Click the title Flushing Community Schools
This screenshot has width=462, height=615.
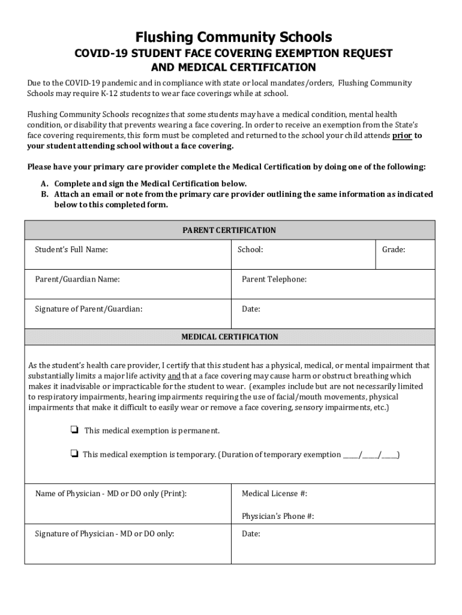pos(233,37)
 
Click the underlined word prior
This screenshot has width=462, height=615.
pos(402,136)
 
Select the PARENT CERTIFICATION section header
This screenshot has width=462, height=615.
pos(230,230)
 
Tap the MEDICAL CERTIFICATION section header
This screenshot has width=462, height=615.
pos(230,337)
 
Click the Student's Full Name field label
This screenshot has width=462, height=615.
pos(71,249)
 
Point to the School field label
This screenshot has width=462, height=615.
pos(250,249)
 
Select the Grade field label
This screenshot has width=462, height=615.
pos(394,249)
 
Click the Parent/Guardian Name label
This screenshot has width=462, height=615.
pos(77,279)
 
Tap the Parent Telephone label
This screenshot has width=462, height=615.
pos(274,279)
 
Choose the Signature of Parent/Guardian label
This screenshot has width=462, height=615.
pos(89,309)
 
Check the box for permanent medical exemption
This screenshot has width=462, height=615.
pos(74,431)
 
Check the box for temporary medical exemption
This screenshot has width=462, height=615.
pos(74,454)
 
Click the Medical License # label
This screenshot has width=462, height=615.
pos(275,494)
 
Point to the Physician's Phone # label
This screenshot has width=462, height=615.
pos(278,517)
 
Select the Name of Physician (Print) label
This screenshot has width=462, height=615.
pos(111,494)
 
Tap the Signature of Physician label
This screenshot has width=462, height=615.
pos(104,533)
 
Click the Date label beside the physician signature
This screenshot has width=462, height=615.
pos(251,533)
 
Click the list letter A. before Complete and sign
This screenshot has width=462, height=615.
pos(45,184)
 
